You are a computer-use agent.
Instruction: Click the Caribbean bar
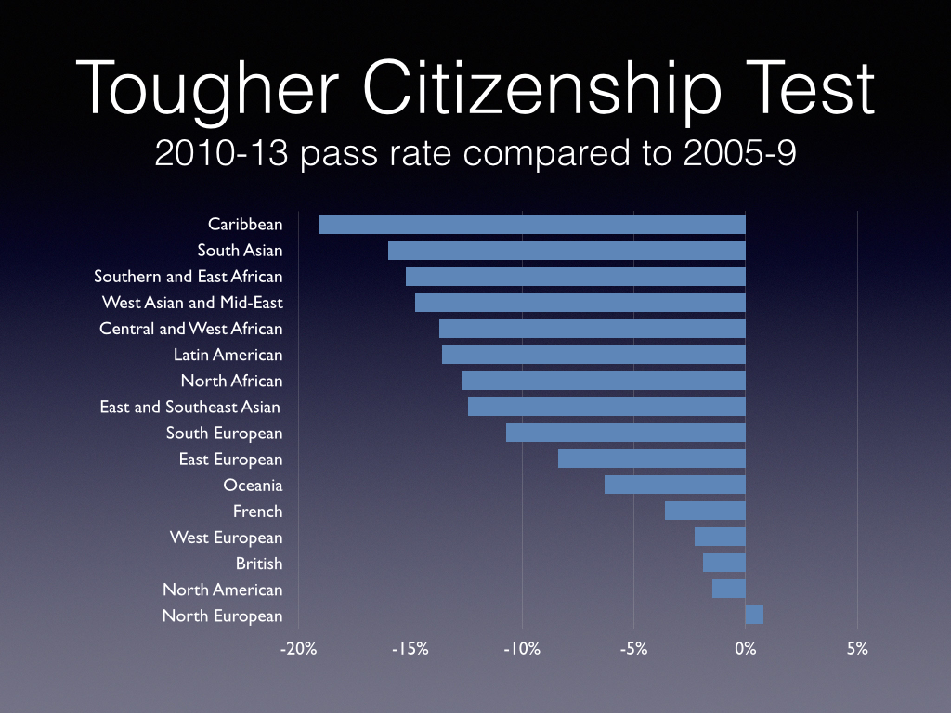coord(531,225)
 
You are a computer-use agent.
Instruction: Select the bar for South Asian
coord(567,251)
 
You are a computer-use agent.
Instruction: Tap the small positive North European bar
coord(754,615)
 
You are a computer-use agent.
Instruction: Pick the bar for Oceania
coord(675,485)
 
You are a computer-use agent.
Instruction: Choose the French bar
coord(705,511)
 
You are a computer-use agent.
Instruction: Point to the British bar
coord(724,563)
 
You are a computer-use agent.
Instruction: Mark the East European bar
coord(652,459)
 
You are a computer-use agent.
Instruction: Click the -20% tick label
coord(298,649)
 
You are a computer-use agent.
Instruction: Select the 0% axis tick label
coord(745,649)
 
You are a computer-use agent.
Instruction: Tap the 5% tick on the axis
coord(857,649)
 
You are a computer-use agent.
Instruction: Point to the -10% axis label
coord(521,649)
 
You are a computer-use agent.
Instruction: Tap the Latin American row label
coord(228,355)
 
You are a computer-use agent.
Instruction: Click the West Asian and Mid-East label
coord(192,303)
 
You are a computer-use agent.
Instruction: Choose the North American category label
coord(222,590)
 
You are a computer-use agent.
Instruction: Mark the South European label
coord(224,433)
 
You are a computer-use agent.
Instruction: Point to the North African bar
coord(604,381)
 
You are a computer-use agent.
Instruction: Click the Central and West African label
coord(191,329)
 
